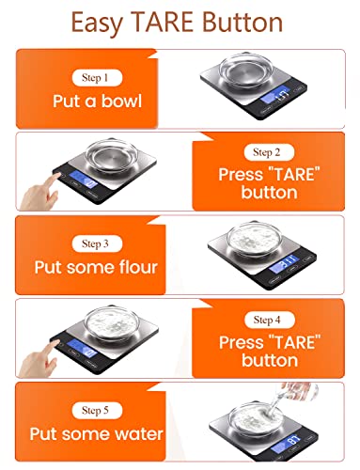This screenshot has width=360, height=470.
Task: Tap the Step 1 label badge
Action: click(x=94, y=77)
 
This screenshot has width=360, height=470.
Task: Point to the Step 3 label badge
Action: click(x=94, y=243)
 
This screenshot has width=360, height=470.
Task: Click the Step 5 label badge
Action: click(x=94, y=409)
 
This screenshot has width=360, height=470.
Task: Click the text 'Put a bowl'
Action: click(x=94, y=101)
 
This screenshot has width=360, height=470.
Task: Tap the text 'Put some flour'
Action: click(x=94, y=266)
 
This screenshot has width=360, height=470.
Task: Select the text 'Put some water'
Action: click(x=94, y=433)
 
